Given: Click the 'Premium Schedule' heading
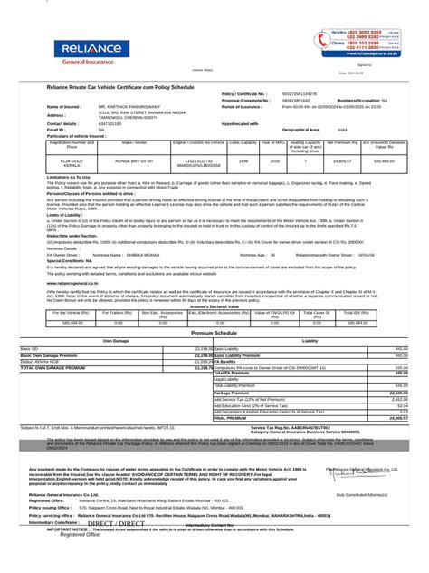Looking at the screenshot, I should click(214, 333).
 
